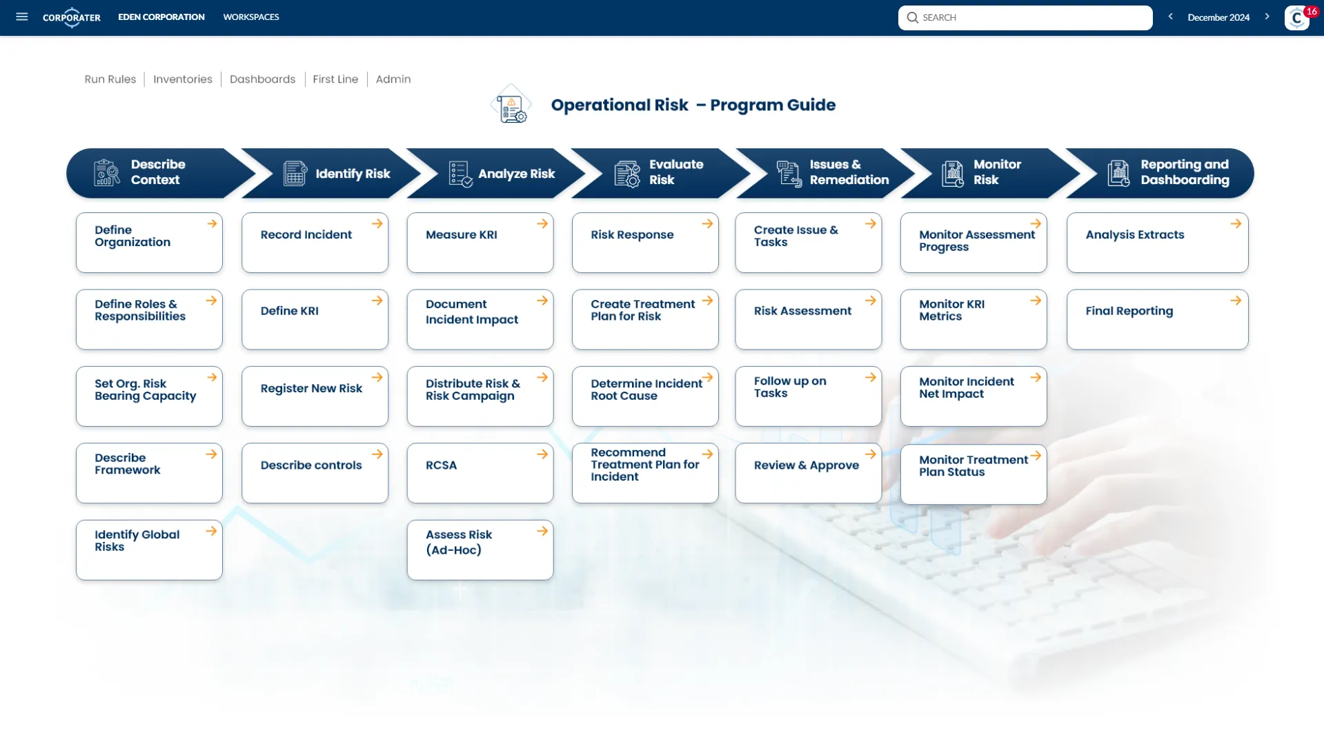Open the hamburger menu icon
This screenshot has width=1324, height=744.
(22, 17)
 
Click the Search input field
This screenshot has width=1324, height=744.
(1025, 17)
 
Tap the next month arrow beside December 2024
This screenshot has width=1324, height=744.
(1267, 17)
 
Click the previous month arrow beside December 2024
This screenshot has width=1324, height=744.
(1170, 17)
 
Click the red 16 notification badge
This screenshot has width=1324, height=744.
(1311, 12)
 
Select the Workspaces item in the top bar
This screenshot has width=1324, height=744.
(251, 17)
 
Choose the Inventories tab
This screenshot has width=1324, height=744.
(183, 79)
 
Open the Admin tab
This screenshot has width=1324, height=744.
(393, 79)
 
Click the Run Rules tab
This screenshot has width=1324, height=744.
(110, 79)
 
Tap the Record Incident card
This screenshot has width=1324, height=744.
(315, 243)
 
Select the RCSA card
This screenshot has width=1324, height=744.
(480, 473)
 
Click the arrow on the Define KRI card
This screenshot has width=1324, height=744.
(377, 301)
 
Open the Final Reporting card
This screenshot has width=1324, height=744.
(1157, 319)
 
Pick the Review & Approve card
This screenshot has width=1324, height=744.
(808, 473)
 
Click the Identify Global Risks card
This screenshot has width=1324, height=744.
(149, 550)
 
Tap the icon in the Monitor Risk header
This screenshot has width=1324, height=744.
(953, 174)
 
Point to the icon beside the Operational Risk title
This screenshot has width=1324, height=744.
(511, 105)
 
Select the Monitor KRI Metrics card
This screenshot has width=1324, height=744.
(973, 319)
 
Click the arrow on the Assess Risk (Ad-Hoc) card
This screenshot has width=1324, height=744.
(542, 531)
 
